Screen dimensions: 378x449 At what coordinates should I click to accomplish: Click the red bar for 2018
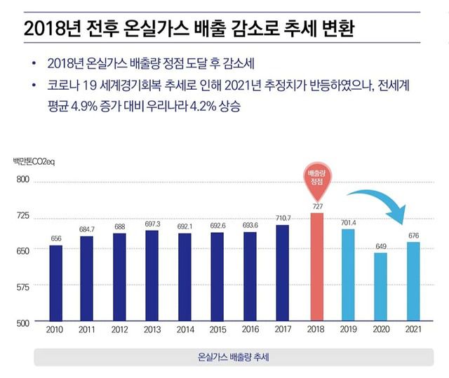tap(316, 266)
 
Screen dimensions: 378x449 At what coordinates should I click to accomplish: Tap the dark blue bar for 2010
tap(55, 283)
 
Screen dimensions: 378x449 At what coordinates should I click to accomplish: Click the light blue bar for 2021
tap(413, 281)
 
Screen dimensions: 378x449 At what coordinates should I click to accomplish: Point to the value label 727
tap(316, 207)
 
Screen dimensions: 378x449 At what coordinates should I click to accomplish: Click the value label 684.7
tap(88, 229)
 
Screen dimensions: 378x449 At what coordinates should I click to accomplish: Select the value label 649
tap(380, 245)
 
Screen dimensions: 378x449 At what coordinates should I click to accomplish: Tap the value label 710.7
tap(283, 219)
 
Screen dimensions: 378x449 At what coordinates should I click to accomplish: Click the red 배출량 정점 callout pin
tap(316, 182)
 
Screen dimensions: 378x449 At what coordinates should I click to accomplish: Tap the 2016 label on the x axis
tap(250, 330)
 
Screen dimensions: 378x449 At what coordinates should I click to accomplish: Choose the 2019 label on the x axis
tap(349, 330)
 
